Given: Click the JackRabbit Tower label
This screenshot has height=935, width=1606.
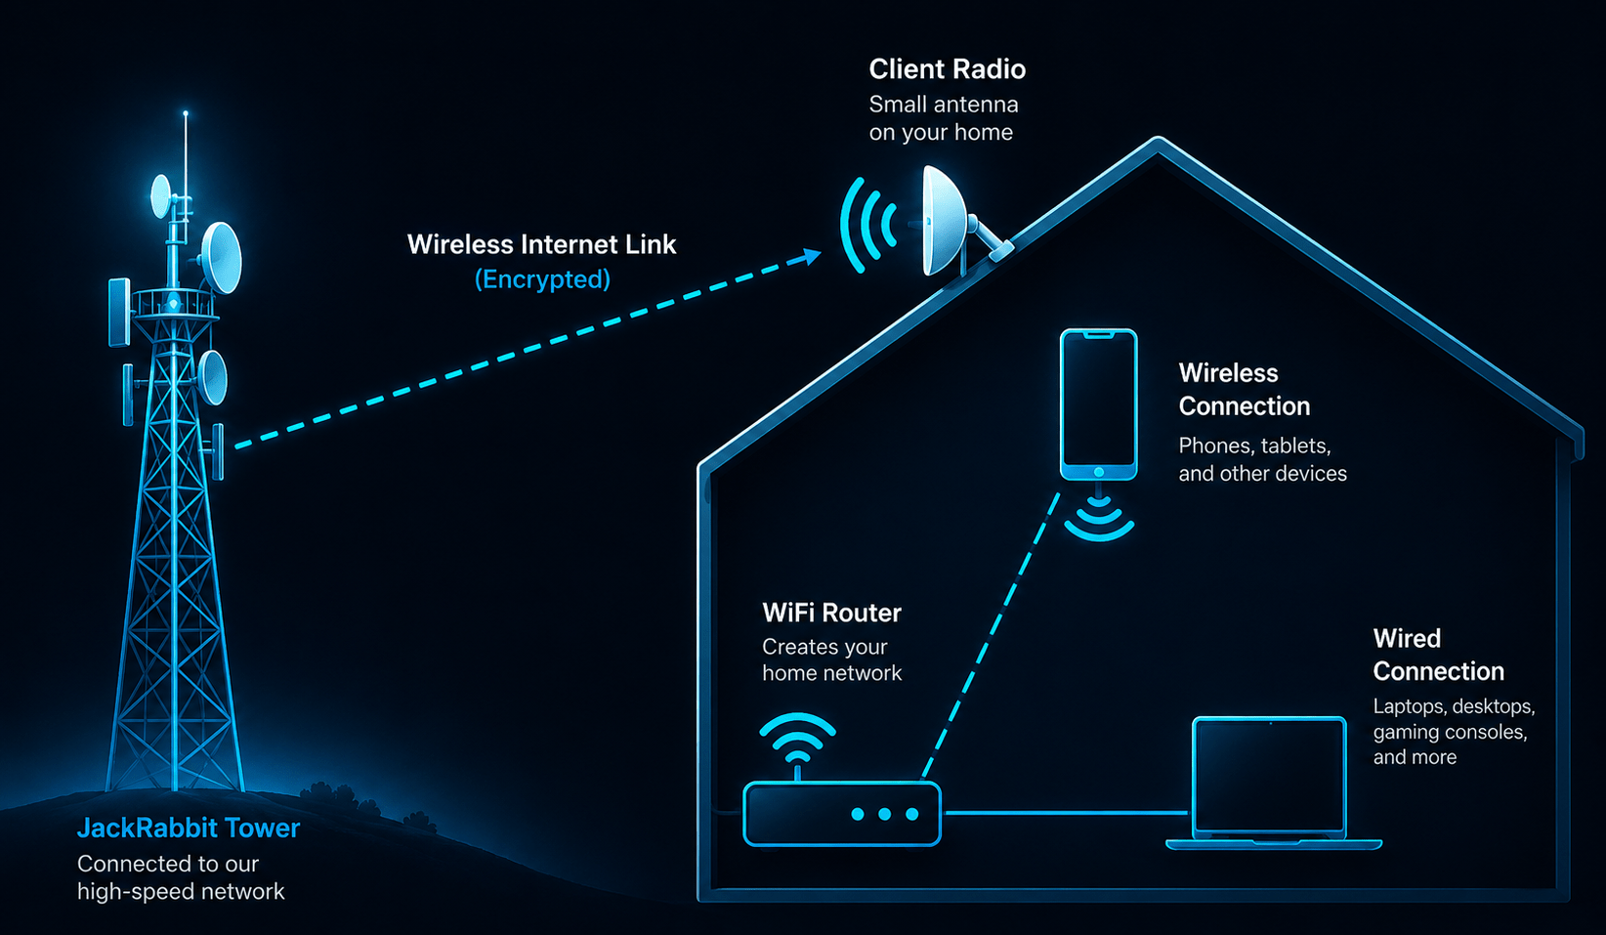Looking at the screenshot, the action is (188, 829).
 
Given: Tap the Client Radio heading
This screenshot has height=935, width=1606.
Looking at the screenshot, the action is (948, 69).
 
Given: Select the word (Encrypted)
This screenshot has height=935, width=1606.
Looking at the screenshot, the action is (542, 278).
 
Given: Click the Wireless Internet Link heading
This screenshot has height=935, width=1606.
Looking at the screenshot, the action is (541, 244).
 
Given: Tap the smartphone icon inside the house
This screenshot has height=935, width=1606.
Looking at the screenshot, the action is (1098, 404).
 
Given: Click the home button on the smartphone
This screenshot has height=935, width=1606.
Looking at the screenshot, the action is (1099, 472).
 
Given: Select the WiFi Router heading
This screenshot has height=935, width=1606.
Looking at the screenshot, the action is (831, 613).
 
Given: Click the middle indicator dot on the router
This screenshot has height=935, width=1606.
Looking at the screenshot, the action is (885, 814).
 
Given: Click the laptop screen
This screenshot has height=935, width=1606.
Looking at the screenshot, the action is (1269, 777).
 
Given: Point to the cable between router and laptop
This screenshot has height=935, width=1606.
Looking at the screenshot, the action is (1067, 813).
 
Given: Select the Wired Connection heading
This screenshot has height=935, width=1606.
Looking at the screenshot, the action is (1438, 655).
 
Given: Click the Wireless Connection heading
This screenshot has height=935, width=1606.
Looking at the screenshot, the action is (1244, 390).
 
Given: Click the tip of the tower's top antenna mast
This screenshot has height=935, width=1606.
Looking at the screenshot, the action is (186, 113).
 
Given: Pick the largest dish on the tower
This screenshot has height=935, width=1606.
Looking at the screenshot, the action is (222, 258).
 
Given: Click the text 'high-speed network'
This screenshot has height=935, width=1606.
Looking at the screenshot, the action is (181, 891).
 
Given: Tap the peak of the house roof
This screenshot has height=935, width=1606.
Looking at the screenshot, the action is (1158, 142).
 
